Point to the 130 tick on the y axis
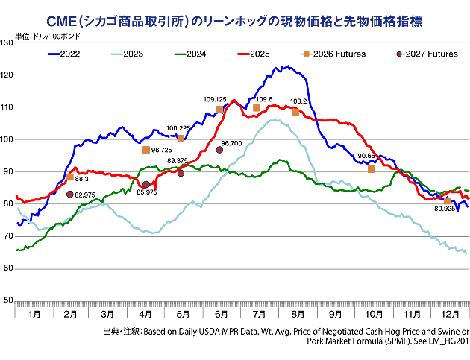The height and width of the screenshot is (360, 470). click(7, 43)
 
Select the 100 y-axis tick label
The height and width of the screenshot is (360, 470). click(7, 139)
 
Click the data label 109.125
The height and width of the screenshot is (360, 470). click(215, 99)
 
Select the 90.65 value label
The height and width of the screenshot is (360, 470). click(367, 156)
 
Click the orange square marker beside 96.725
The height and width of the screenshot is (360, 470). click(146, 150)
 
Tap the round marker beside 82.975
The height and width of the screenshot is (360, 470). click(70, 194)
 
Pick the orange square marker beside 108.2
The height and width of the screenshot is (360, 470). click(295, 112)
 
